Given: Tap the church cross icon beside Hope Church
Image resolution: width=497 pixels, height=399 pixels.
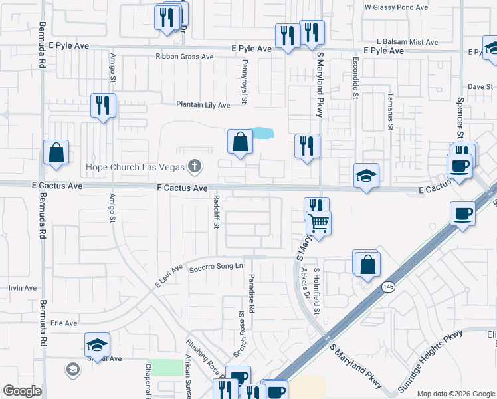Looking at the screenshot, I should (195, 165).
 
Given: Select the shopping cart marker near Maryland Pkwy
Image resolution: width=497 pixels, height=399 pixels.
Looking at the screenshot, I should (319, 223).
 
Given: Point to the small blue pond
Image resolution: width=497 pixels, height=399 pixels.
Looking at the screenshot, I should (262, 133).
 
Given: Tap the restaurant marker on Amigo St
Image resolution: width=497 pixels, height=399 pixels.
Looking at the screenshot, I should (103, 106).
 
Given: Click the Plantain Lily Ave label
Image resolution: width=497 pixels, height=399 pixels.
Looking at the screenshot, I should (203, 105).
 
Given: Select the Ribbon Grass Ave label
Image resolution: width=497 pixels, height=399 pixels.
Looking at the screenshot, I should (184, 57).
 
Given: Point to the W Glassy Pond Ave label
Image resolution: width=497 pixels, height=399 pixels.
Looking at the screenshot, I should (396, 7).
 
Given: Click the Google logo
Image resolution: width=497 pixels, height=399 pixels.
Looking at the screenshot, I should (22, 391).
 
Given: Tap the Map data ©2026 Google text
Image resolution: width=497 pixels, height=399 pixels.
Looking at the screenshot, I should (455, 394).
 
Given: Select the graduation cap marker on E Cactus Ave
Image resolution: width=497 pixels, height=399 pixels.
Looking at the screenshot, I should (366, 176).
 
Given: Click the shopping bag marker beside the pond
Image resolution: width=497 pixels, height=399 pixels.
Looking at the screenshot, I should (240, 142).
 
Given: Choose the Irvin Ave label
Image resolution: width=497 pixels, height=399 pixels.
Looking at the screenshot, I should (23, 288).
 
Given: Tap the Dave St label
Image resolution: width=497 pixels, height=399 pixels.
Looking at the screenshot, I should (476, 87).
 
